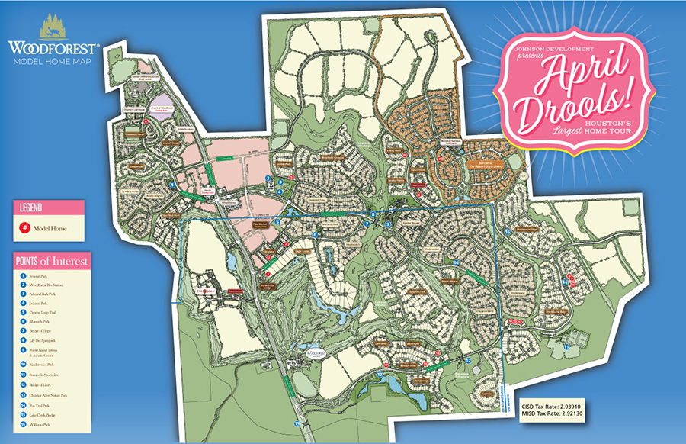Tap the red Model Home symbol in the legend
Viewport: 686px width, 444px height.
coord(25,227)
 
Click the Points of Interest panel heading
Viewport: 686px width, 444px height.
coord(51,261)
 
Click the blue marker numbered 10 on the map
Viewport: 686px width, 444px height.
coord(455,262)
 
